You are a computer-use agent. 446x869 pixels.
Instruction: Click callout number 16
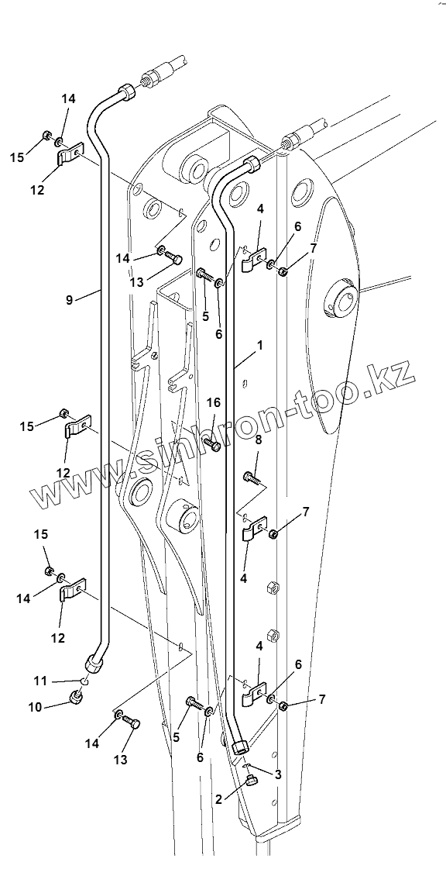click(214, 403)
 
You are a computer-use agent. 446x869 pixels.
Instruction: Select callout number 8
click(258, 441)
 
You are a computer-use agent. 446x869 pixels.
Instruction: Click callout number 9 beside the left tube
click(69, 300)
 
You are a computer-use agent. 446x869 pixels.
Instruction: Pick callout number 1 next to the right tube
click(259, 344)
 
